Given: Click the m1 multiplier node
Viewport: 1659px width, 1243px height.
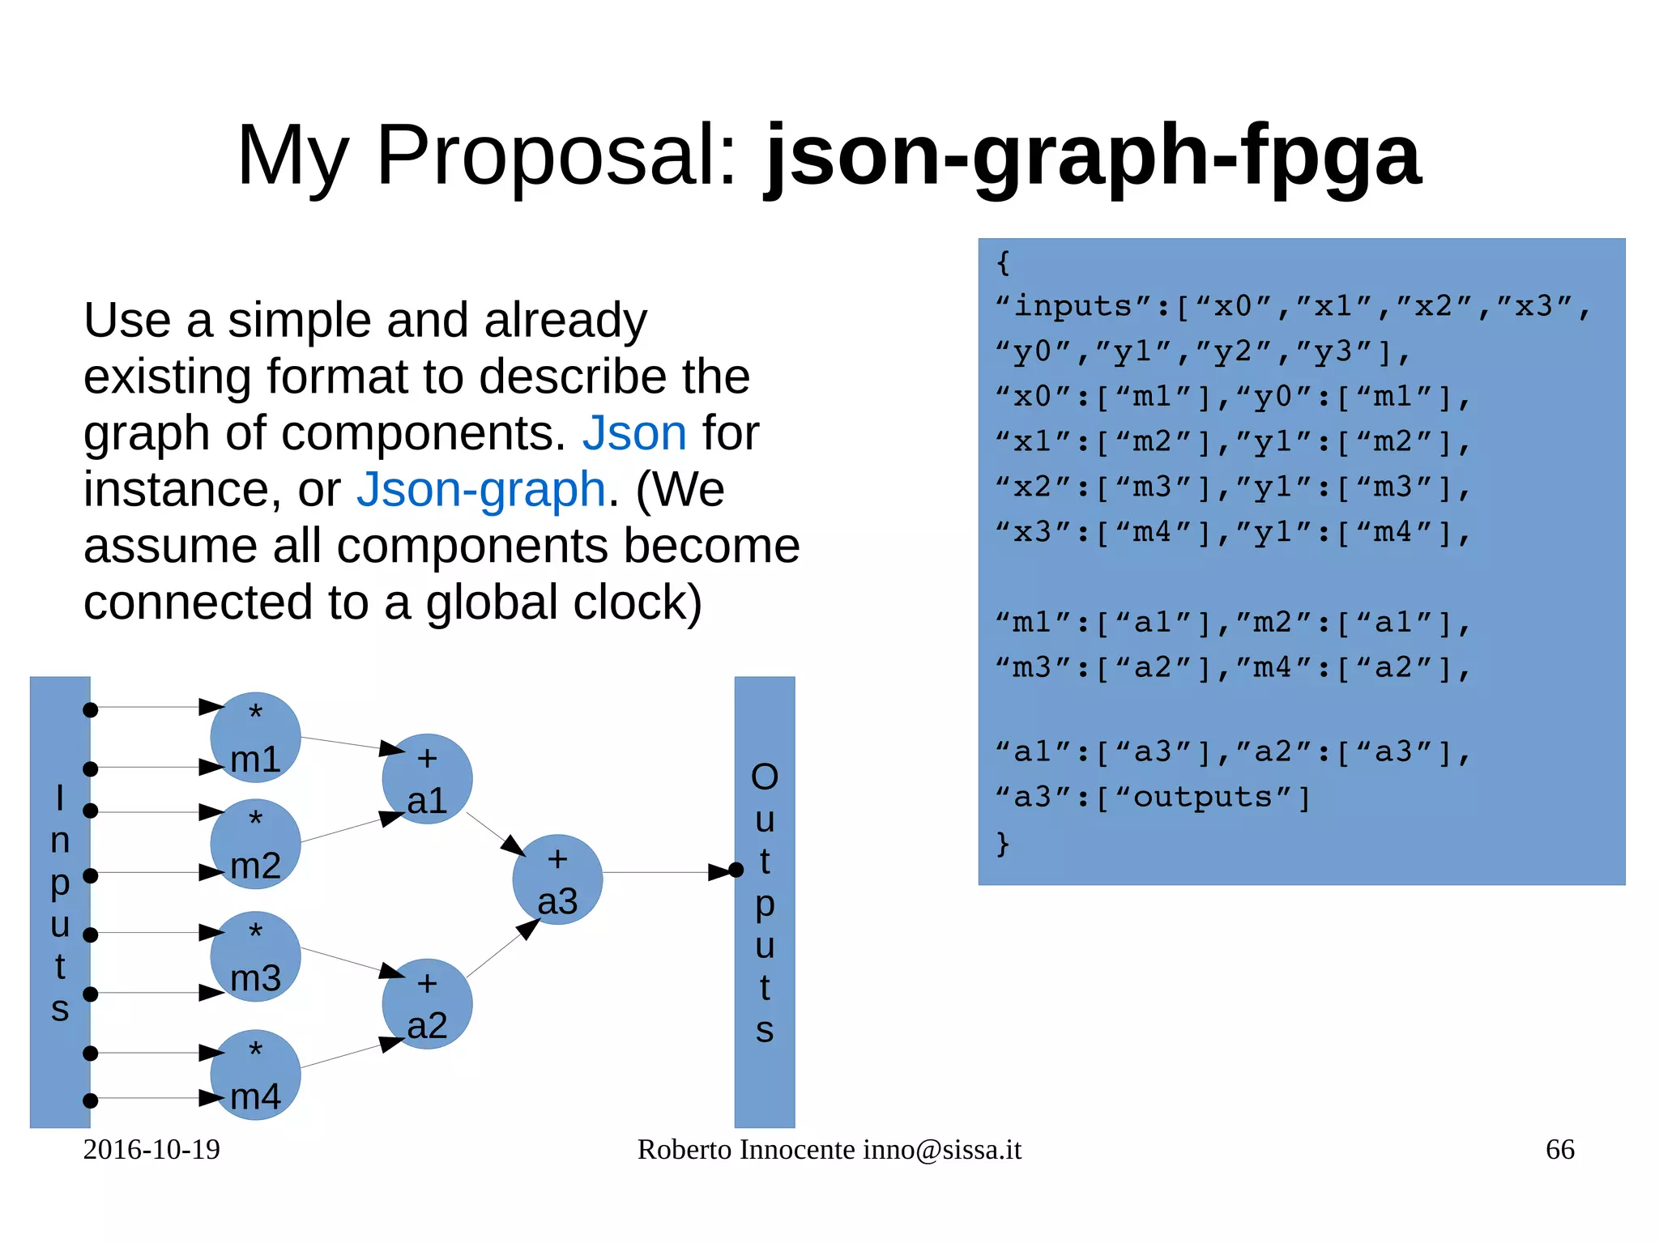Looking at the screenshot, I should (x=255, y=738).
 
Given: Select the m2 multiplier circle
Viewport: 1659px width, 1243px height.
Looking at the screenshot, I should (x=255, y=844).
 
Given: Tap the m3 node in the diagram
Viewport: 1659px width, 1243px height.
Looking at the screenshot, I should (x=255, y=957).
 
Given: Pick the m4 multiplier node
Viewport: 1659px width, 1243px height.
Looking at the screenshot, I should (x=255, y=1075).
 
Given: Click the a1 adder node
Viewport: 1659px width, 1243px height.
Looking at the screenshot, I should (x=427, y=779).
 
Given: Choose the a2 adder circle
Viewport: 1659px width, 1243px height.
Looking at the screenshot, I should (x=427, y=1004).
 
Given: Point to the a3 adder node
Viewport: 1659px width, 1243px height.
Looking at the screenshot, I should (x=557, y=879).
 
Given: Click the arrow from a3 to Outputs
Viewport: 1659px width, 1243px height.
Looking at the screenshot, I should (x=664, y=872).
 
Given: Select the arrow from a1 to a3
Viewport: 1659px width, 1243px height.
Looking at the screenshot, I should (x=496, y=834).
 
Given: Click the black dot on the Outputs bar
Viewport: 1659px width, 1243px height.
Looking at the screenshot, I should (x=736, y=871).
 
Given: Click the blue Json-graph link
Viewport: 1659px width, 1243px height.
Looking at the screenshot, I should (x=481, y=489).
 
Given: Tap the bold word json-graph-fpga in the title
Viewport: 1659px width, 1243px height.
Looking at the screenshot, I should (x=1093, y=155).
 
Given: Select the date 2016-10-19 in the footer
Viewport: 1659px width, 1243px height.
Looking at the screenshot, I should (x=151, y=1149).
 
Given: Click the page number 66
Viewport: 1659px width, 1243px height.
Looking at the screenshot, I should (x=1559, y=1149).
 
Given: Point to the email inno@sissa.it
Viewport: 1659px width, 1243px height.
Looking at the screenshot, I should (x=942, y=1149).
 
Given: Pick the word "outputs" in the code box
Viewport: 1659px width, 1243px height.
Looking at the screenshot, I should (x=1202, y=797).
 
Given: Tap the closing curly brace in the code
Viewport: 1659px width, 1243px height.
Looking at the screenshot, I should (x=1003, y=843).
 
